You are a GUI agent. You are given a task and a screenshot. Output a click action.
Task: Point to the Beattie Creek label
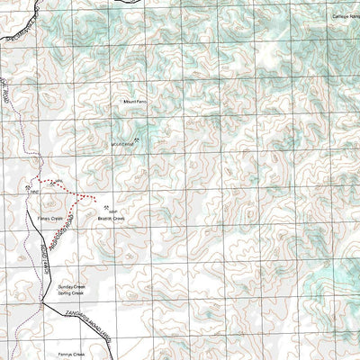coord(111,218)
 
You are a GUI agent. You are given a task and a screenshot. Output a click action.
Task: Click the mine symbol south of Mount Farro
coord(136,139)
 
